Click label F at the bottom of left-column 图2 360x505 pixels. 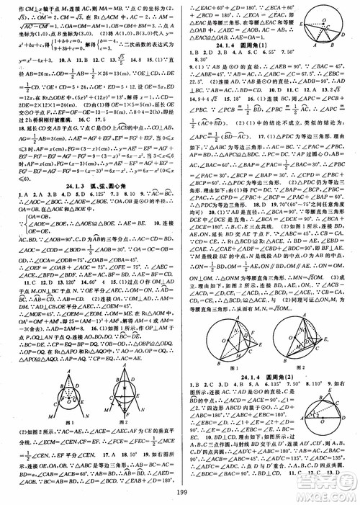pyautogui.click(x=121, y=419)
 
